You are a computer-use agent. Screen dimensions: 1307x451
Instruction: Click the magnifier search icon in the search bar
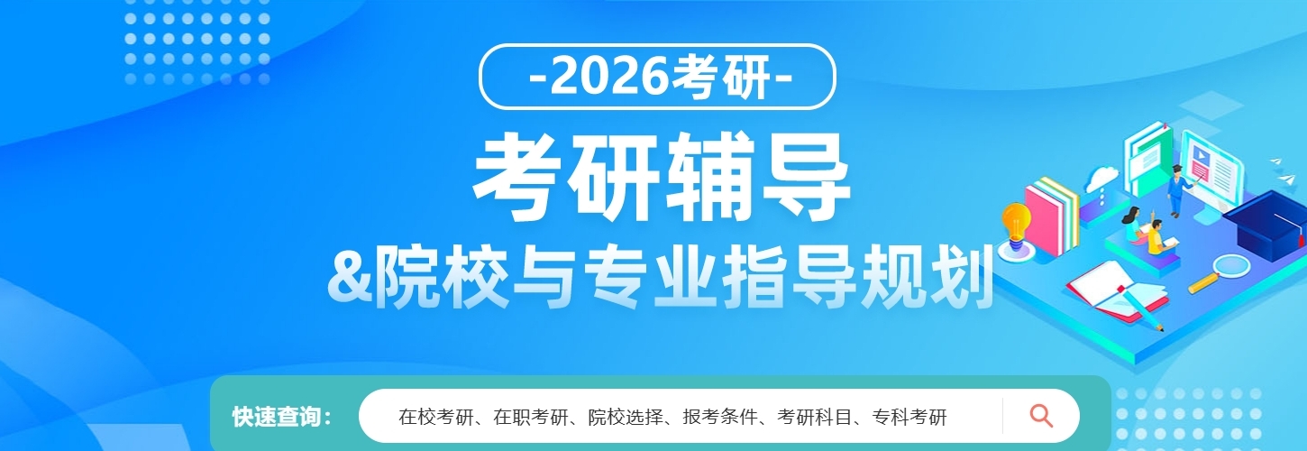pyautogui.click(x=1041, y=416)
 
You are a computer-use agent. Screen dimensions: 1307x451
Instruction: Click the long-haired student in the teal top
pyautogui.click(x=1135, y=224)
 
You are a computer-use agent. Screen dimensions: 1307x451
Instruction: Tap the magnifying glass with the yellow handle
pyautogui.click(x=1219, y=274)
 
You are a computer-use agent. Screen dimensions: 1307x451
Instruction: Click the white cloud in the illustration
pyautogui.click(x=1101, y=178)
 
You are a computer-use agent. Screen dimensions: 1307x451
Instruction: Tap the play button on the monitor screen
pyautogui.click(x=1202, y=155)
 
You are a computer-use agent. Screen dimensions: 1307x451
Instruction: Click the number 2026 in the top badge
pyautogui.click(x=608, y=77)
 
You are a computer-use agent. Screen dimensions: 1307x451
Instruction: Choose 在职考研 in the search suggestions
pyautogui.click(x=531, y=417)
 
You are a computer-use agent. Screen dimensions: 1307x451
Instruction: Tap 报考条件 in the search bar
pyautogui.click(x=720, y=417)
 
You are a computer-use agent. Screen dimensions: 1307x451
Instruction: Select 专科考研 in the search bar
pyautogui.click(x=909, y=417)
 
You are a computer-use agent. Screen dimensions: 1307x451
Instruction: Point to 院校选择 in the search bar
pyautogui.click(x=626, y=417)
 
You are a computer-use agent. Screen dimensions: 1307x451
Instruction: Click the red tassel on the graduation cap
pyautogui.click(x=1301, y=236)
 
